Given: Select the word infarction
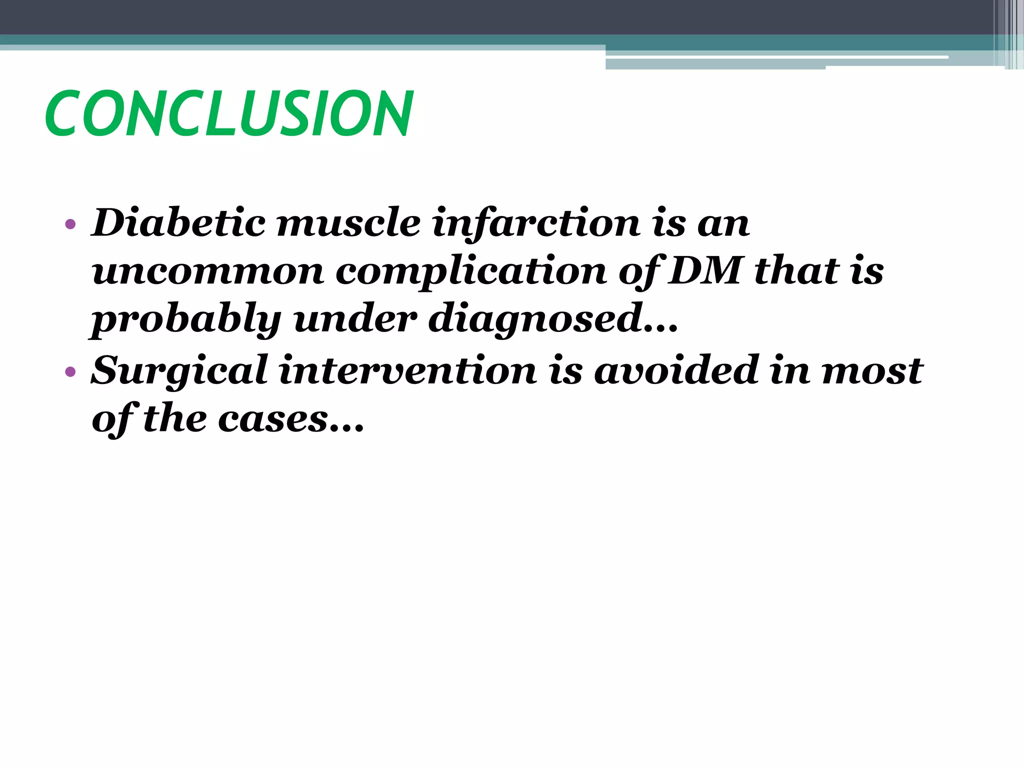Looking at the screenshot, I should (x=535, y=224).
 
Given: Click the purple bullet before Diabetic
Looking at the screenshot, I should (x=70, y=224).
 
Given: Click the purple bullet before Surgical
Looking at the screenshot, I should (x=70, y=371).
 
